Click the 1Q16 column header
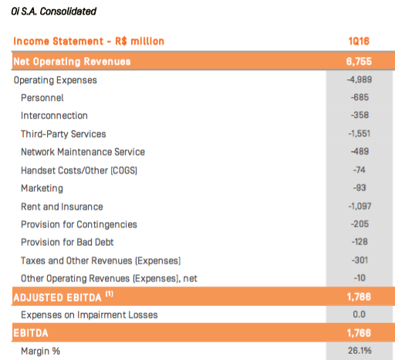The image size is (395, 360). point(359,41)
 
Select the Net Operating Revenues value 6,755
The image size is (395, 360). point(359,62)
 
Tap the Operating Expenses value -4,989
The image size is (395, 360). point(360,79)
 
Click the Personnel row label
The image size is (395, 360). point(42,98)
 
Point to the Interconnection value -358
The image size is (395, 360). point(360,115)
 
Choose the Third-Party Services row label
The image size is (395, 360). point(63,134)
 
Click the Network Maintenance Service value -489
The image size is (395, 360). point(360,151)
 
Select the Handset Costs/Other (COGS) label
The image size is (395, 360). point(79,170)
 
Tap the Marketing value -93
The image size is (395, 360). point(360,188)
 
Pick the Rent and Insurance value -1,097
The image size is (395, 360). point(360,206)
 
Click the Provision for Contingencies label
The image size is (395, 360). point(79,225)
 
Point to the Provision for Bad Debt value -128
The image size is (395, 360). point(360,242)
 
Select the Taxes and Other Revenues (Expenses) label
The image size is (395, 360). point(101,261)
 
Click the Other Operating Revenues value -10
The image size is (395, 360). point(360,278)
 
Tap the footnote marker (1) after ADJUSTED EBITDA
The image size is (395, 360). point(110,294)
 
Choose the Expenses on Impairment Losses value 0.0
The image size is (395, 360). point(360,315)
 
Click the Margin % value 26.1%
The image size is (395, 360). point(360,351)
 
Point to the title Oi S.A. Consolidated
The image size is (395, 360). point(54,12)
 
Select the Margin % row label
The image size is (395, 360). point(40,352)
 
